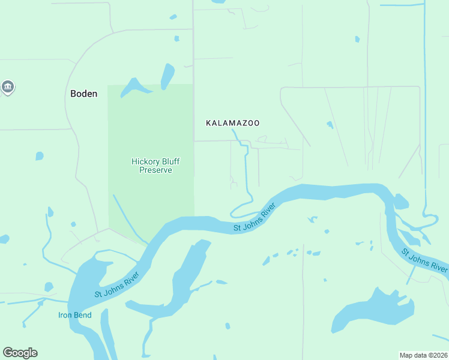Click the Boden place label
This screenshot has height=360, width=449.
click(x=83, y=94)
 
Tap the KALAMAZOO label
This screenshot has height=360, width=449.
click(x=233, y=123)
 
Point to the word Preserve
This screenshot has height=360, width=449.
click(x=155, y=170)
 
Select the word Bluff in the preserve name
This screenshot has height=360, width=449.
click(x=170, y=161)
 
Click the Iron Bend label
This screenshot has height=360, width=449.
click(x=74, y=315)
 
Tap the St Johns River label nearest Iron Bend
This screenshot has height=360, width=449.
click(x=116, y=286)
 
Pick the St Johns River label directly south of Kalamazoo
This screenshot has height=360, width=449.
click(x=255, y=218)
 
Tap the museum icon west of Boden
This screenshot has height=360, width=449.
click(x=8, y=88)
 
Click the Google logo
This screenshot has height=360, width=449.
click(x=20, y=353)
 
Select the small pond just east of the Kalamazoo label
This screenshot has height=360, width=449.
click(x=330, y=125)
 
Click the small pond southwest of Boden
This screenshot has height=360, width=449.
click(x=40, y=156)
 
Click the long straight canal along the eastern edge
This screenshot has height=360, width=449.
click(x=425, y=108)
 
